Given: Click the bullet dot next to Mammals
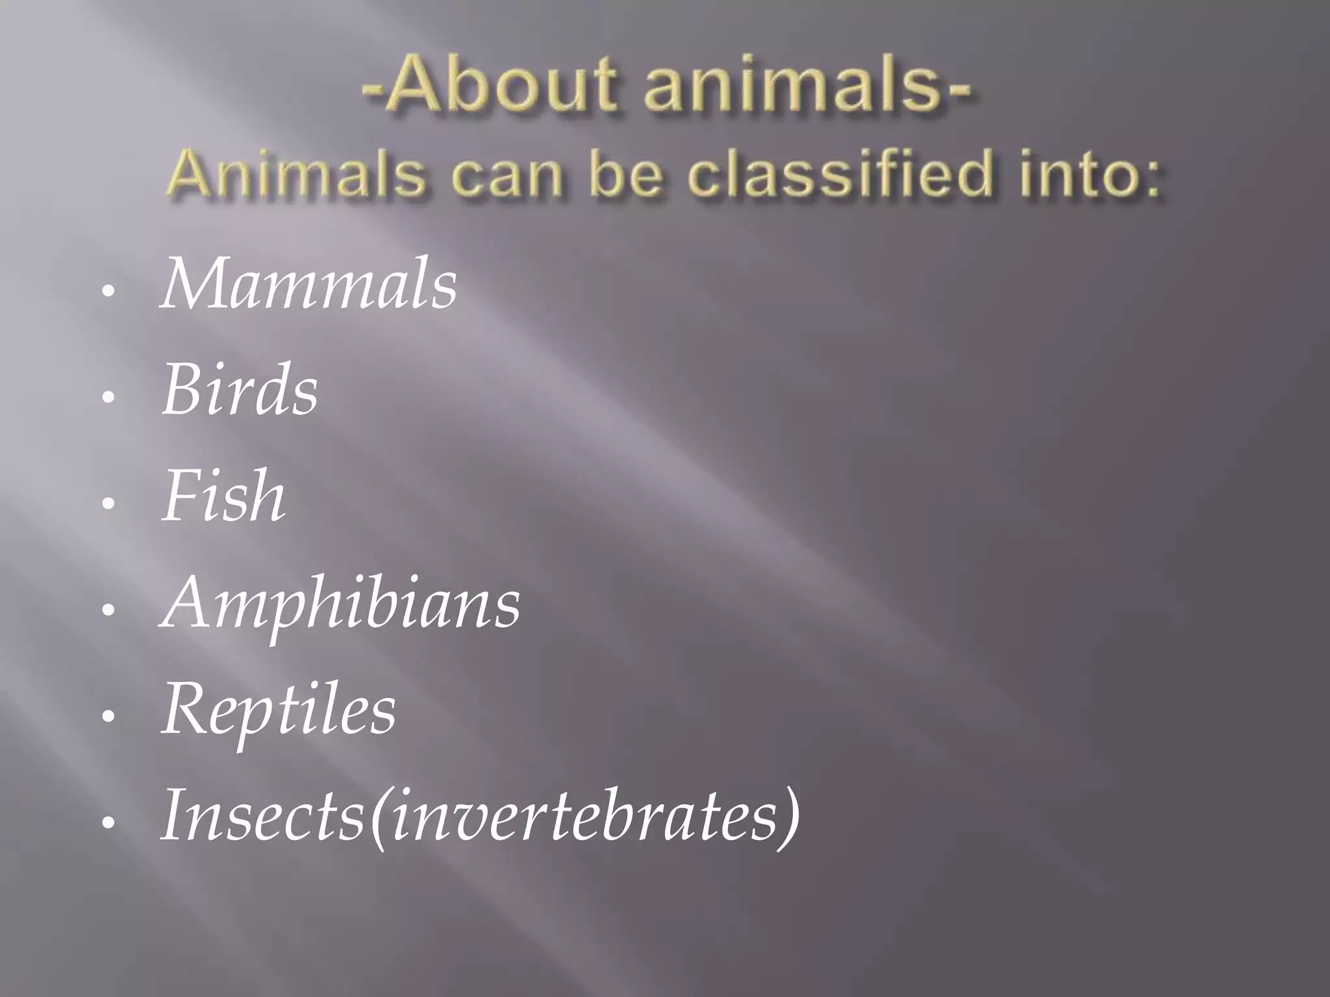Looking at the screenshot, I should (x=109, y=291).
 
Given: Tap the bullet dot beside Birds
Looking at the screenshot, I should (x=109, y=397).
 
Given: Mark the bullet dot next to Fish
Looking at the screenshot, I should (x=109, y=504).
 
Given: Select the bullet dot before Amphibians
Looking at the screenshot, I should (x=109, y=610).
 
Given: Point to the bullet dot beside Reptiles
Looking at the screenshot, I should (x=109, y=717).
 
